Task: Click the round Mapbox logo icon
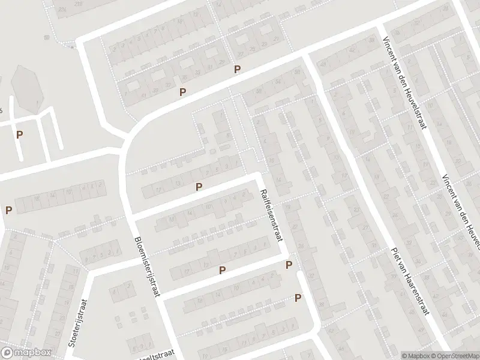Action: point(8,353)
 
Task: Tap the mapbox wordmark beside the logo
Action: point(34,353)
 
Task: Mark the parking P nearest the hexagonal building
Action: point(20,135)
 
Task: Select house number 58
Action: point(260,91)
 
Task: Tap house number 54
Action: point(278,82)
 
